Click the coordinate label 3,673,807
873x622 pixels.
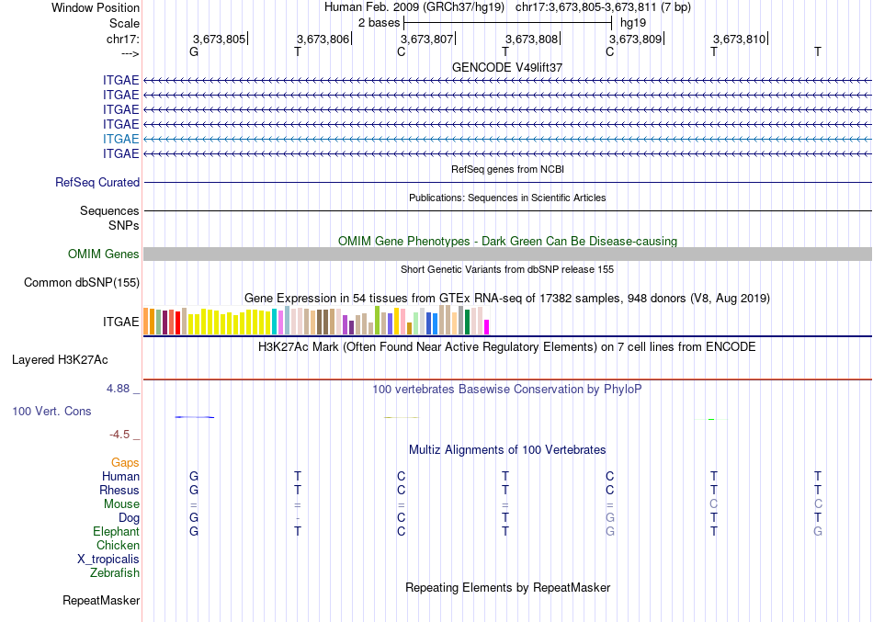(427, 39)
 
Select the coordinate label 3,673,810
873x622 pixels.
(739, 39)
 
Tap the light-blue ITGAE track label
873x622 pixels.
(121, 139)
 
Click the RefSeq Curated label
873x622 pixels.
(97, 183)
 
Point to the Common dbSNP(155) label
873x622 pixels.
(82, 283)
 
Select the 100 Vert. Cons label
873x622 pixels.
(52, 412)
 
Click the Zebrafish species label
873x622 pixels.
(115, 573)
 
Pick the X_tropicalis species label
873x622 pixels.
(108, 560)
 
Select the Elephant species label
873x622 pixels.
(116, 532)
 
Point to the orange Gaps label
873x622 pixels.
(125, 463)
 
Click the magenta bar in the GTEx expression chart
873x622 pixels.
(487, 326)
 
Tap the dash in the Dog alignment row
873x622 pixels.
(297, 518)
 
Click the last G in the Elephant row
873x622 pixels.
(818, 532)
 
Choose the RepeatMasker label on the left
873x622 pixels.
(101, 601)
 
